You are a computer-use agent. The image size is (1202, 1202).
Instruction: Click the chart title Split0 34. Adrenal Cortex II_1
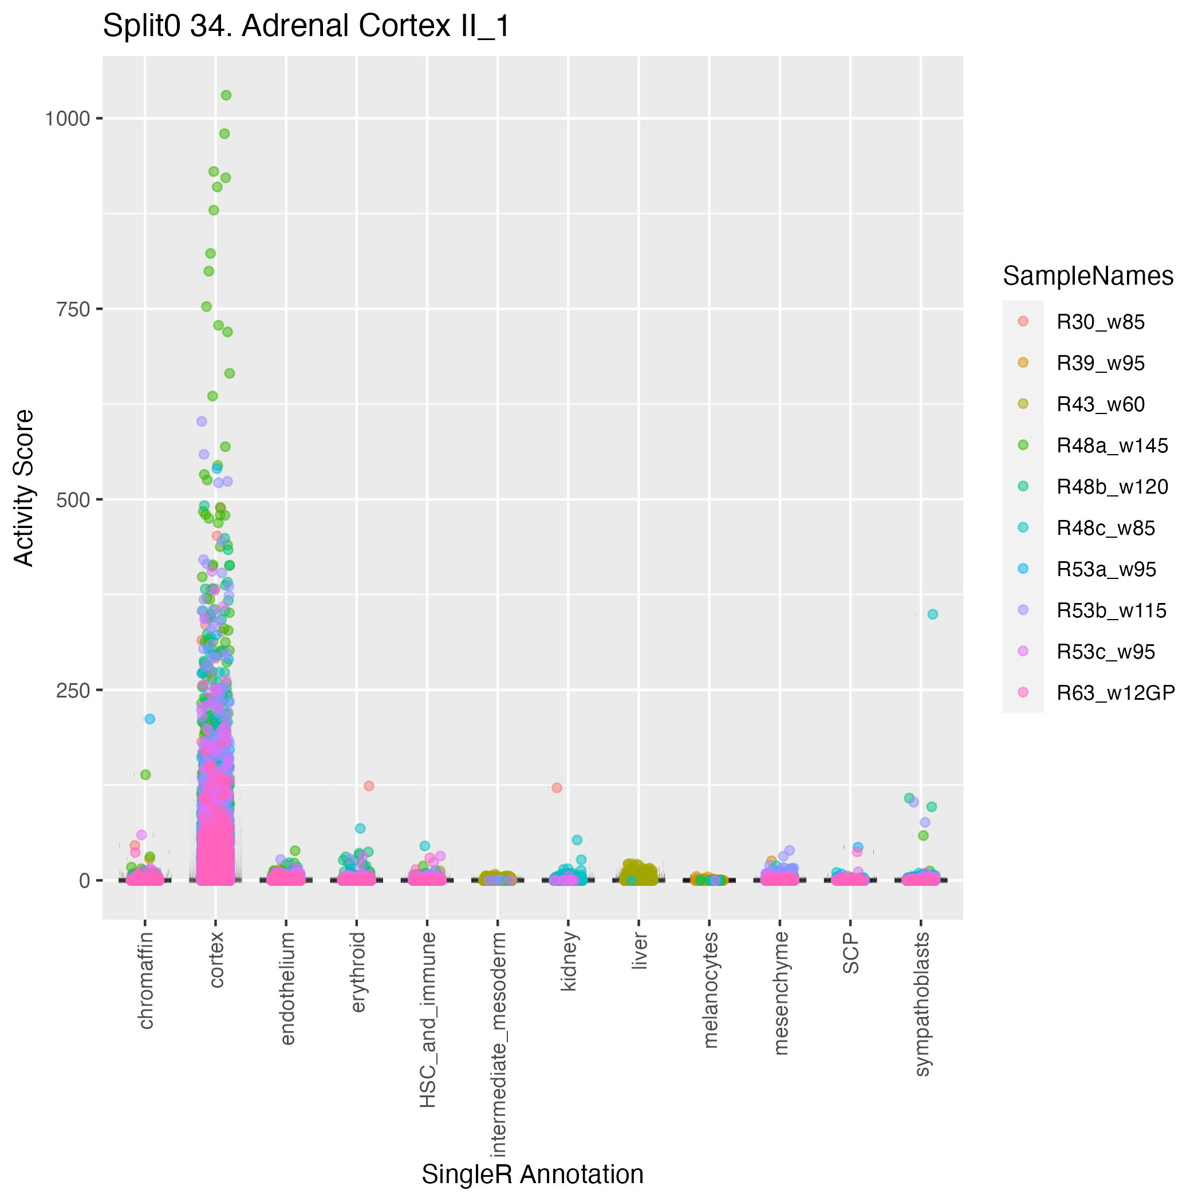click(x=306, y=26)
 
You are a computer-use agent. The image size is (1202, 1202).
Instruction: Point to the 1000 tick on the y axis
click(x=67, y=118)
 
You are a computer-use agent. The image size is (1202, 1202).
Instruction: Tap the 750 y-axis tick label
click(x=73, y=309)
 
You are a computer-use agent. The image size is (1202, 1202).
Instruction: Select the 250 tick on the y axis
click(x=73, y=691)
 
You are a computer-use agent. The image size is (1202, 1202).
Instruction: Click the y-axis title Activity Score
click(x=24, y=487)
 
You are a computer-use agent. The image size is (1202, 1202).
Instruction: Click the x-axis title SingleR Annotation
click(x=533, y=1175)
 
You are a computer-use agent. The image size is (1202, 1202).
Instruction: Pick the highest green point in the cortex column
click(x=226, y=95)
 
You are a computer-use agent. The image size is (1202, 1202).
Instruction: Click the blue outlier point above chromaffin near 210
click(x=150, y=719)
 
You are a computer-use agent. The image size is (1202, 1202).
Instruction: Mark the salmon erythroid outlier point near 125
click(x=369, y=786)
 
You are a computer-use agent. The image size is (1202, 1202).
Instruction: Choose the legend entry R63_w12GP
click(x=1116, y=693)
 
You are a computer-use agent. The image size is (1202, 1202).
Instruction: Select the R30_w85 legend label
click(x=1101, y=322)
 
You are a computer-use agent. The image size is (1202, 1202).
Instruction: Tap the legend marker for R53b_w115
click(x=1023, y=610)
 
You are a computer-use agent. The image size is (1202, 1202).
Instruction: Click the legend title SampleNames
click(x=1088, y=276)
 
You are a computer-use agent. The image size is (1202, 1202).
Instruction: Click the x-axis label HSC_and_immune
click(x=428, y=1020)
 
